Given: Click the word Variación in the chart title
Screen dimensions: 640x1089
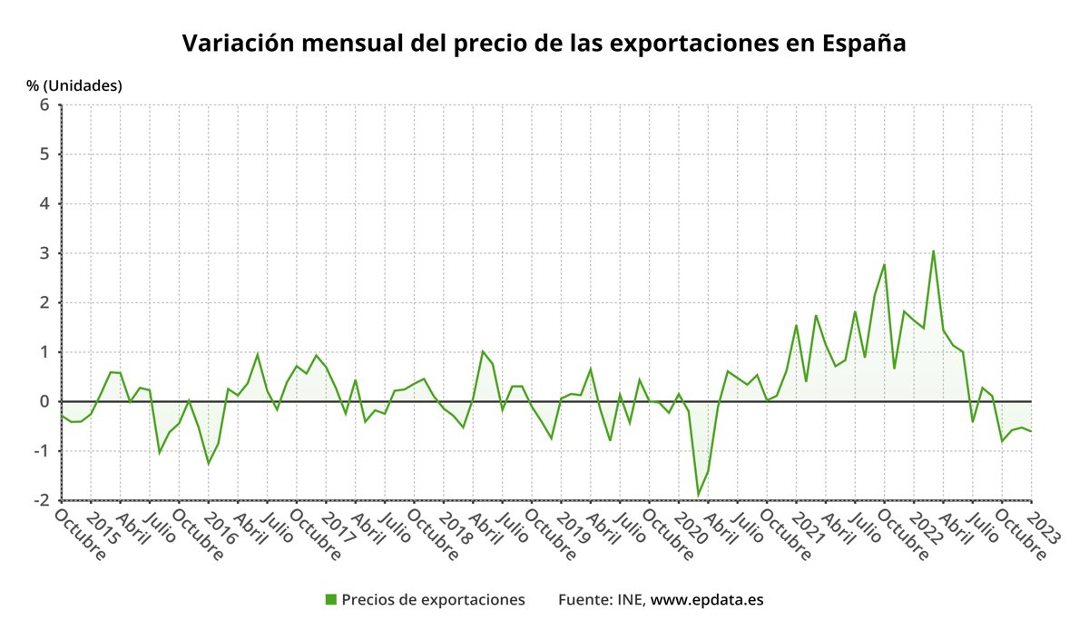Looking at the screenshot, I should (234, 44).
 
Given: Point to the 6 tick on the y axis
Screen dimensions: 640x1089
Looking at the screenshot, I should (44, 105).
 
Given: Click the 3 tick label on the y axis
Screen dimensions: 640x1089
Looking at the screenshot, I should (44, 253).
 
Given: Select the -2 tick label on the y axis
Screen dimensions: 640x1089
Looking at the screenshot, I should (40, 500).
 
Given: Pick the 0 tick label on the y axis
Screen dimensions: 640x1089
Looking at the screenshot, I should (44, 401).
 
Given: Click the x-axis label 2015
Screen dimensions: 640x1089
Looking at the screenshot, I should (103, 532).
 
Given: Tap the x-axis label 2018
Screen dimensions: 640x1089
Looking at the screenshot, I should (456, 532).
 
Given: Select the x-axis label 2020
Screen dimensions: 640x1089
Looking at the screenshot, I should (692, 532).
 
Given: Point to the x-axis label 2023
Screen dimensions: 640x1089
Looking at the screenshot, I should (1043, 532).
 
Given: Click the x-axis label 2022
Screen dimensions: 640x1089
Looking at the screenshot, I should (927, 532).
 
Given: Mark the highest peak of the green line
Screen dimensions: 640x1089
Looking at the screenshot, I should (933, 251).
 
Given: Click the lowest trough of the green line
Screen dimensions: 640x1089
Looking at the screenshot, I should (699, 495).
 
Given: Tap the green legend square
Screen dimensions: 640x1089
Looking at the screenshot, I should (331, 599).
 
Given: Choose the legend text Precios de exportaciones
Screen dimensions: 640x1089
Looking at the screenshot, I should (433, 600).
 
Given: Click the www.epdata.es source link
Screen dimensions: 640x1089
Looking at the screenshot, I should (707, 600).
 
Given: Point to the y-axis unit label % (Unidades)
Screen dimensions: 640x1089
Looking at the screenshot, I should (74, 85).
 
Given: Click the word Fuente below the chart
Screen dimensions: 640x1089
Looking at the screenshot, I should (584, 600).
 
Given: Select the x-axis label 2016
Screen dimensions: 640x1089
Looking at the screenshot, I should (221, 532).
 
